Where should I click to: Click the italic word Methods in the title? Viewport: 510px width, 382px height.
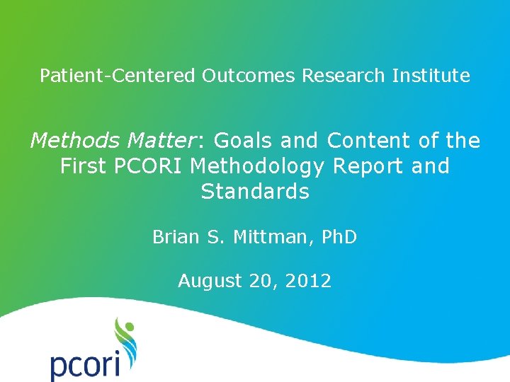click(71, 141)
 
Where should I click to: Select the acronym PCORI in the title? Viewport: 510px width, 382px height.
click(150, 167)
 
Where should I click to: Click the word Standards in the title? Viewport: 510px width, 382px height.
click(255, 192)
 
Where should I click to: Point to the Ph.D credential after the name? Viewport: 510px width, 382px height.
click(339, 237)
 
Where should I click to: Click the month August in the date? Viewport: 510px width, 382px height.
click(210, 282)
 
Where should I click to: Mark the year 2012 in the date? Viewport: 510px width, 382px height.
click(307, 281)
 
